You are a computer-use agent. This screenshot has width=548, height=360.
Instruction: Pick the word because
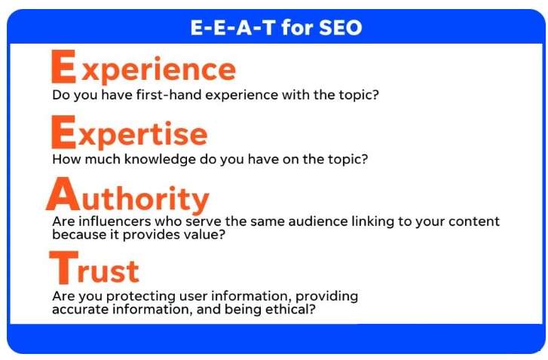click(78, 234)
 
